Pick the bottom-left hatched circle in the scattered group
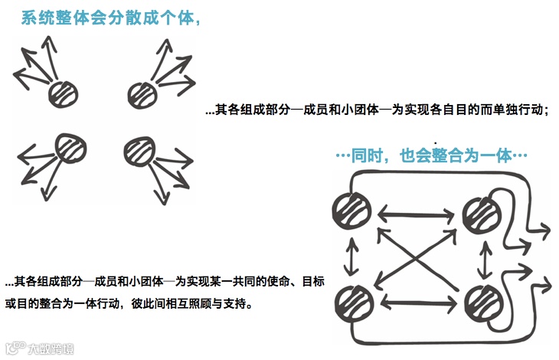pos(70,148)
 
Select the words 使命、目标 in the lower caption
pos(295,283)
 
